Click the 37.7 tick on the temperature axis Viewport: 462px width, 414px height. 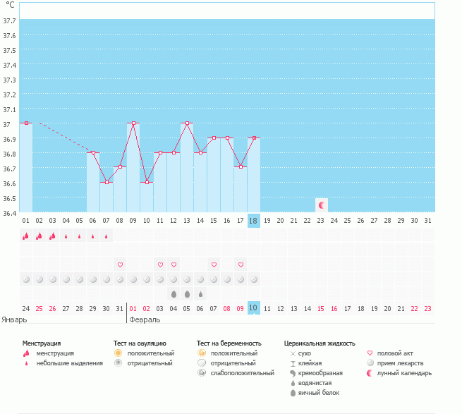(10, 20)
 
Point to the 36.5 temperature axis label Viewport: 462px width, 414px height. (10, 198)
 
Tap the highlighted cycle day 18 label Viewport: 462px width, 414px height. (254, 221)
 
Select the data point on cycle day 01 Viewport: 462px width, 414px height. (26, 123)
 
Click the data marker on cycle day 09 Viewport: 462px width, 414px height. (133, 123)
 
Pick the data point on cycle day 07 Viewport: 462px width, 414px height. (107, 183)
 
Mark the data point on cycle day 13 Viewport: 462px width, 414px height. (187, 123)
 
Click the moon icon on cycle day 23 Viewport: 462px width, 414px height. (322, 205)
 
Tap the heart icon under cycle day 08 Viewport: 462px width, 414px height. (120, 264)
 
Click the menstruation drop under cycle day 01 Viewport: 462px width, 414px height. (26, 237)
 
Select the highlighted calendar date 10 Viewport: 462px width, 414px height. (254, 308)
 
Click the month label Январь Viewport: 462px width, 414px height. (14, 319)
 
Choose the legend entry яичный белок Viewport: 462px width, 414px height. (322, 392)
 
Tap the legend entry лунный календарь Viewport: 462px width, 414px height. (403, 372)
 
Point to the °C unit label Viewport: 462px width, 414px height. (10, 5)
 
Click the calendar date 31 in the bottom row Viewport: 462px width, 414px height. (120, 308)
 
